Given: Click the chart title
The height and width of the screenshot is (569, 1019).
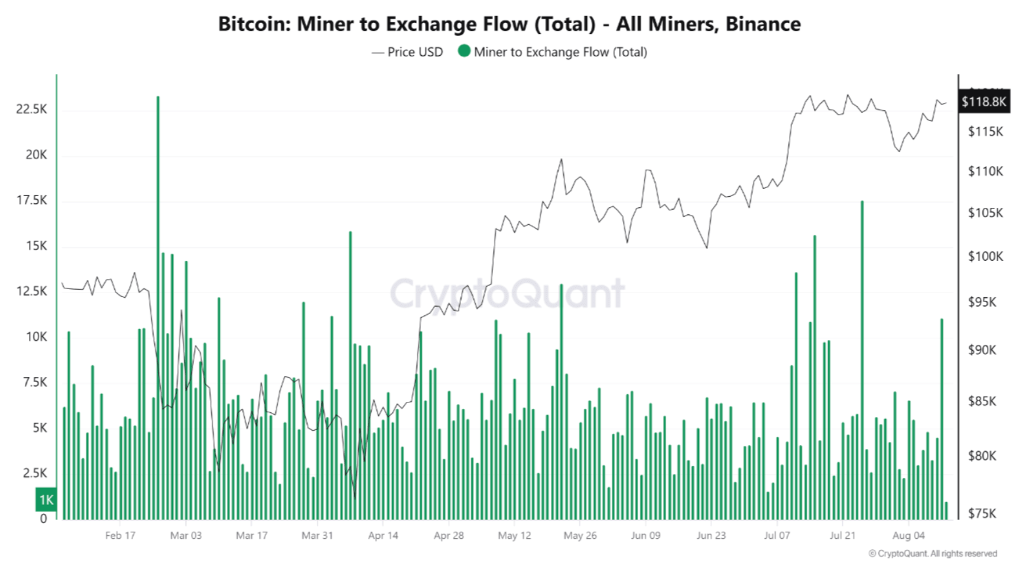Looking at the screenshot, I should click(509, 24).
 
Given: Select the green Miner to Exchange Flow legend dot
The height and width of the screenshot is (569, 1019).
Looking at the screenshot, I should click(464, 51).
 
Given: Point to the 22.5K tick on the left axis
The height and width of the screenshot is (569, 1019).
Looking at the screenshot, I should click(31, 109).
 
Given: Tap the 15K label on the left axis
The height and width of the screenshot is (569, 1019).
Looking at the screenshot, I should click(36, 246).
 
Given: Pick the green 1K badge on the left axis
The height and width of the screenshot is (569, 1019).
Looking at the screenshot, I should click(46, 500).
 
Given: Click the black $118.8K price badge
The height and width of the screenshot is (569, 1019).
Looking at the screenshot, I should click(984, 102).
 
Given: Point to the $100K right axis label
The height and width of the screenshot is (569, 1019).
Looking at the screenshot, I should click(985, 256).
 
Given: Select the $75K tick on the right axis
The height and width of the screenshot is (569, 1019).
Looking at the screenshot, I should click(982, 513).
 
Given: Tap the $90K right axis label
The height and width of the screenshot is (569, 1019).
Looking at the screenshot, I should click(982, 350).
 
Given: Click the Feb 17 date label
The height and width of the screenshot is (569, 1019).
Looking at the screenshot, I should click(120, 536).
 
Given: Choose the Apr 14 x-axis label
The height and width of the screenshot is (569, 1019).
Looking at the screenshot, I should click(383, 536).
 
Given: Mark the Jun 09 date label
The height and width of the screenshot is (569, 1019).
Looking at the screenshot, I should click(645, 536).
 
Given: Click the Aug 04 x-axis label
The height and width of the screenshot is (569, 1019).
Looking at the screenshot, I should click(908, 536).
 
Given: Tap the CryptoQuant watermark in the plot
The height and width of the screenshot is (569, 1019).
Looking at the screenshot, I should click(508, 293).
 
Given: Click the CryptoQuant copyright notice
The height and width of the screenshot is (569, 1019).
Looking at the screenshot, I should click(932, 554).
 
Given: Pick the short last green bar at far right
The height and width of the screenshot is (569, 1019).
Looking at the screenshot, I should click(946, 511).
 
